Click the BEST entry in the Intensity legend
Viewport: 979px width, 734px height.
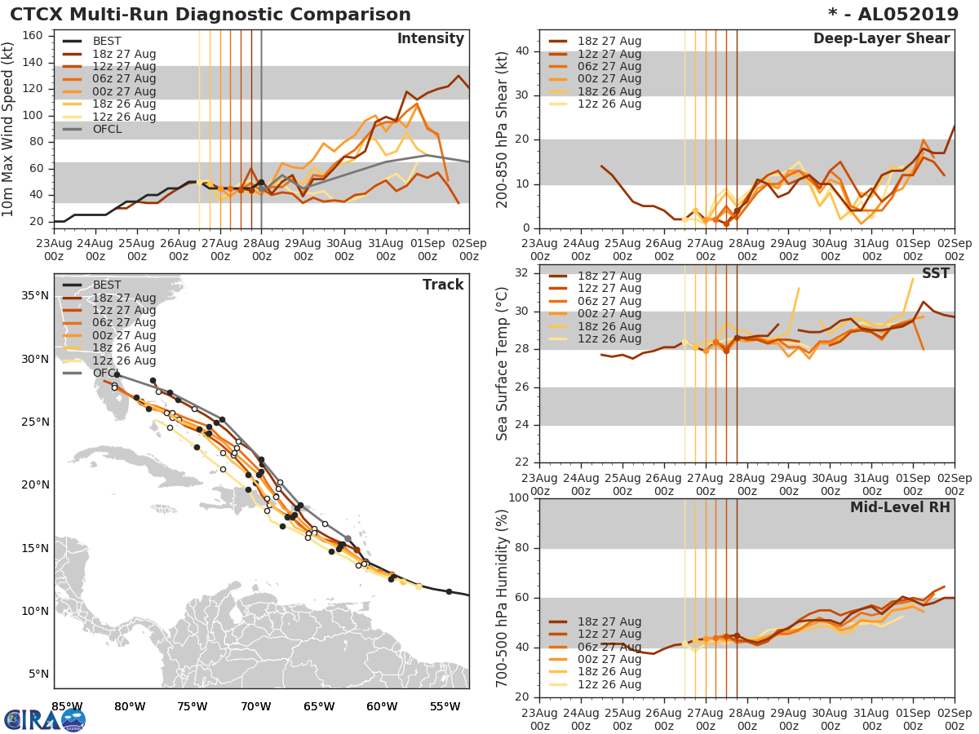point(107,42)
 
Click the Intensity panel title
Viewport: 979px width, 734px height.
point(430,39)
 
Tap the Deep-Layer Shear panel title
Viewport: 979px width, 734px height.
point(881,39)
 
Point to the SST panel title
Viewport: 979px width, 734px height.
point(936,273)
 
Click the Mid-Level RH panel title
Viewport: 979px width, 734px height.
point(900,507)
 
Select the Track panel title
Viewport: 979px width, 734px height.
point(443,285)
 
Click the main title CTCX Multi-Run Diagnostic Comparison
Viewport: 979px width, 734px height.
point(210,15)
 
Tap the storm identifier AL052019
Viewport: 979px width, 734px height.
point(906,15)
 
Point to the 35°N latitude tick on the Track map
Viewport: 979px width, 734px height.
point(34,295)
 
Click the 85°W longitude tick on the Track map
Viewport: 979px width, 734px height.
point(67,706)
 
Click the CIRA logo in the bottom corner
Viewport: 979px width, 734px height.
point(45,719)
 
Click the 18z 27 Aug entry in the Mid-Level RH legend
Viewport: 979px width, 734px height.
point(609,621)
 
